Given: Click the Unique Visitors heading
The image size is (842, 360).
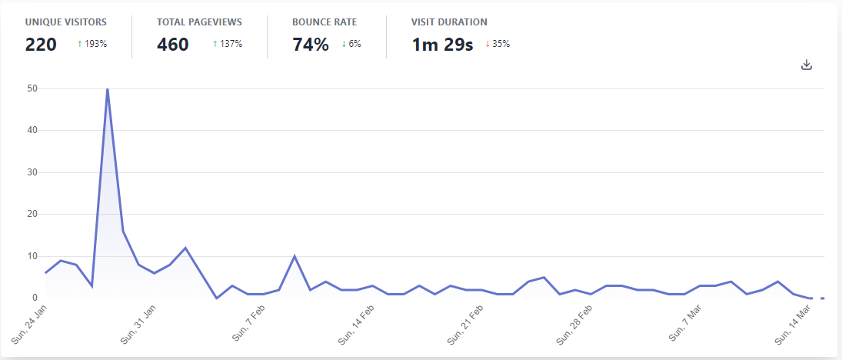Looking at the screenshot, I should (x=65, y=22).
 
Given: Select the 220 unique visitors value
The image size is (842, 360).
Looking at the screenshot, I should (x=41, y=45).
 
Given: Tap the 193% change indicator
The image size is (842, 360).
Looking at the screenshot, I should (x=92, y=44).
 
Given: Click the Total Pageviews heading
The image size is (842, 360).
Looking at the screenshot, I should (x=198, y=22).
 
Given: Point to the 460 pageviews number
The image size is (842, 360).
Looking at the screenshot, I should (x=172, y=45).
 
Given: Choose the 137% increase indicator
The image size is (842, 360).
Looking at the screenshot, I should (x=228, y=44).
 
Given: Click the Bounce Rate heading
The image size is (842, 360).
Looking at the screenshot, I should (x=324, y=22).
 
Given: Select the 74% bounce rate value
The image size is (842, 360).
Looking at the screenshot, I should (x=311, y=45).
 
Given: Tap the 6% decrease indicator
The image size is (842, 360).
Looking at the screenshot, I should (x=351, y=44).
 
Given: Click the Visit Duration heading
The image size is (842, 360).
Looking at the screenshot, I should (x=449, y=22).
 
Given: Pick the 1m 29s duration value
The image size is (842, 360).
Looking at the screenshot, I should (x=442, y=45).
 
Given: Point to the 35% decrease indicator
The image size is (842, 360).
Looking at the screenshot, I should (x=498, y=44).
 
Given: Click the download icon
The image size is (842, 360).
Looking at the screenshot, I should (x=807, y=65).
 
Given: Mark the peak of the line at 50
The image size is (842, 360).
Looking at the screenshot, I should (x=107, y=89).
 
